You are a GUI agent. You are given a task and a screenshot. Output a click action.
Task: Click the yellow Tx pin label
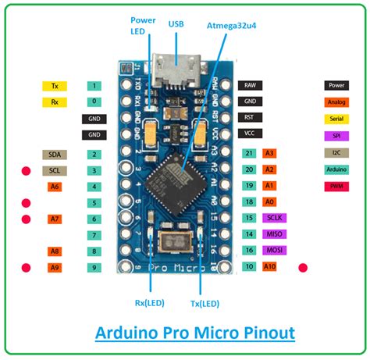(x=55, y=85)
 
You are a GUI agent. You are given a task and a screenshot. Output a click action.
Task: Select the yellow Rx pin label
(x=55, y=102)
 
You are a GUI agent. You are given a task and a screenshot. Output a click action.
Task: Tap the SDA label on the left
(x=55, y=155)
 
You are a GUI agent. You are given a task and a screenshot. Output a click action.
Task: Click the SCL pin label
(x=55, y=170)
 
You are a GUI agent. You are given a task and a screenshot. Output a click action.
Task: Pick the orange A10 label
(x=270, y=267)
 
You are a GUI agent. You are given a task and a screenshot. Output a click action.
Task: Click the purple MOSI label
(x=274, y=251)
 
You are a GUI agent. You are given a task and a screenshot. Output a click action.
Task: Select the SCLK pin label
(x=274, y=218)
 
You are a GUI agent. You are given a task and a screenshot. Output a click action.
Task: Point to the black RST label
(x=249, y=117)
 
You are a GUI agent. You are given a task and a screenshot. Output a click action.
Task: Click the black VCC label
(x=249, y=133)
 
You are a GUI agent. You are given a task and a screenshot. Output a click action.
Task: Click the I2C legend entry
(x=337, y=153)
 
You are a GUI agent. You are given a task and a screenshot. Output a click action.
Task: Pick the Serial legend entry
(x=337, y=119)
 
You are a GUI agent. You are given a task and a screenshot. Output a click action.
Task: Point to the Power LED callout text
(x=142, y=27)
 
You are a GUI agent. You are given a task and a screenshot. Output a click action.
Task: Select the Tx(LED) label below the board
(x=205, y=303)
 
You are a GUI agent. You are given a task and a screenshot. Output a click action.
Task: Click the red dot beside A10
(x=304, y=267)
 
